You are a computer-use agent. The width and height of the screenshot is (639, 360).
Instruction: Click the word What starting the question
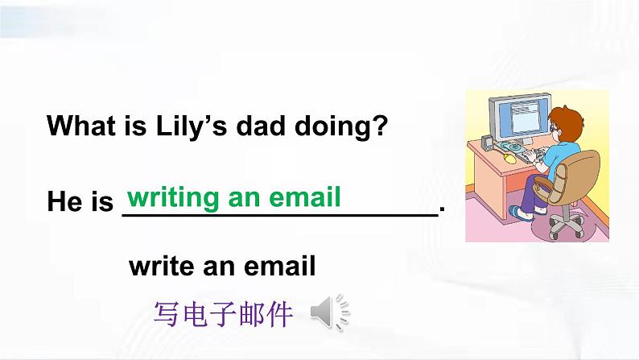88,126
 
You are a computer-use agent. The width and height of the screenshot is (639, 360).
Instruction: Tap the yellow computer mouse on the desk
509,159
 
